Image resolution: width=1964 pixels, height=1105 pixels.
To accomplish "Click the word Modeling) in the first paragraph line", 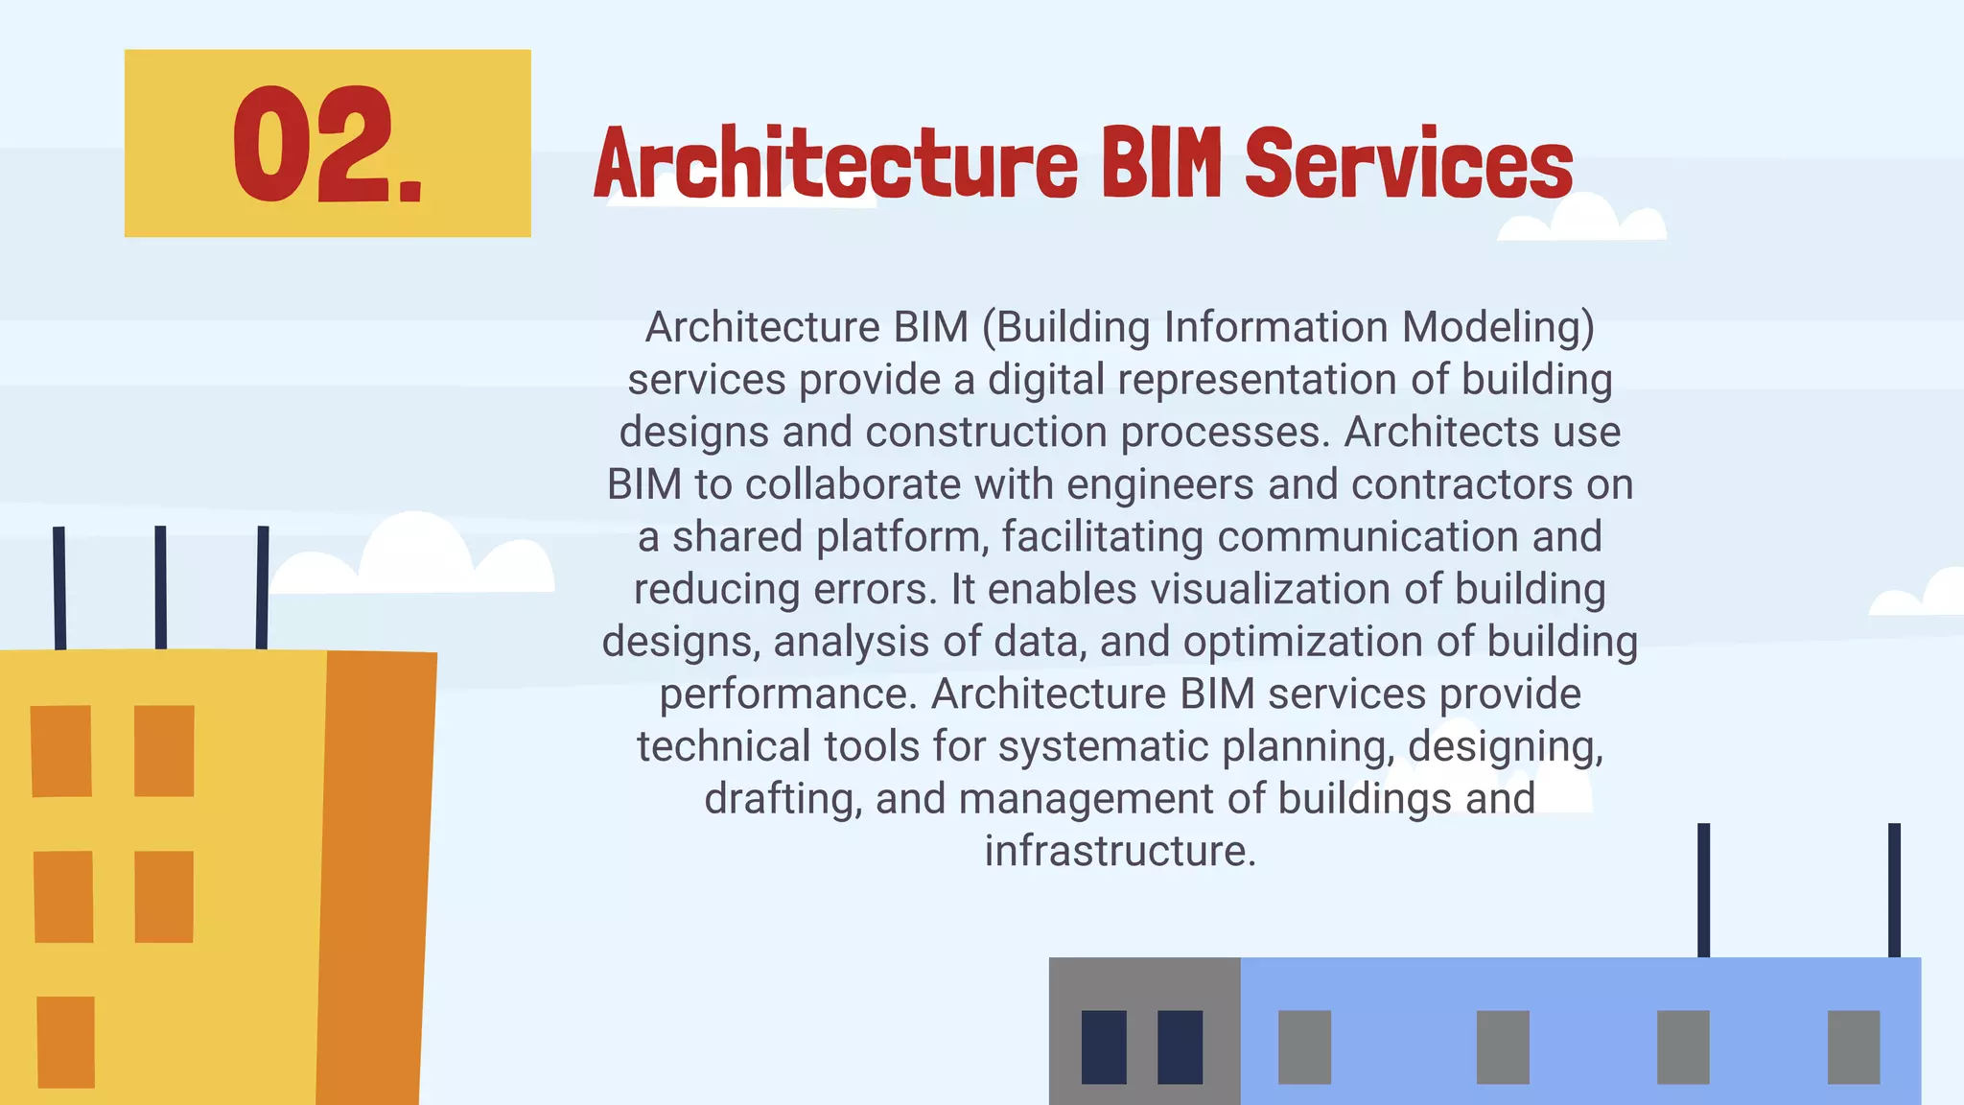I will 1497,327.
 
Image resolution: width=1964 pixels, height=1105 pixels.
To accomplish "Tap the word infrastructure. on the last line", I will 1120,851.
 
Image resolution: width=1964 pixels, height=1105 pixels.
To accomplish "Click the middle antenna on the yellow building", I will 160,587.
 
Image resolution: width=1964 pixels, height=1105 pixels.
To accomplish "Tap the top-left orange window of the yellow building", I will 61,751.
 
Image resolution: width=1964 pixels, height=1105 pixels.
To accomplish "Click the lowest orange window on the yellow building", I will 66,1042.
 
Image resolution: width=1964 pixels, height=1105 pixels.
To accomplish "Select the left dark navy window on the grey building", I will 1104,1046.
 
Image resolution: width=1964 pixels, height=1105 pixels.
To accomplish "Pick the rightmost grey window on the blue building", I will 1853,1046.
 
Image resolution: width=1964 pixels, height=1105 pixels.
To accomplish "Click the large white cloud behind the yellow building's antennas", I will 412,561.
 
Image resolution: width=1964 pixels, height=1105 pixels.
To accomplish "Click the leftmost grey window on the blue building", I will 1304,1046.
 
